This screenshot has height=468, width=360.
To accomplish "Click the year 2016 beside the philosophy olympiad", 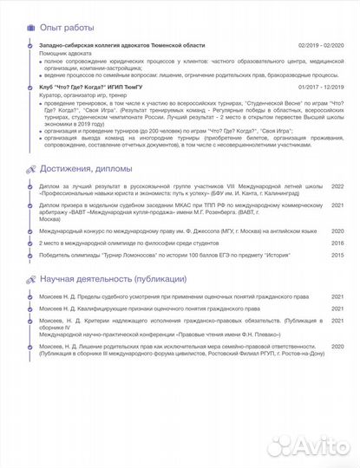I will (337, 244).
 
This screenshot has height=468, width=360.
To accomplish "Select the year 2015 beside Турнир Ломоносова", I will (337, 256).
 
